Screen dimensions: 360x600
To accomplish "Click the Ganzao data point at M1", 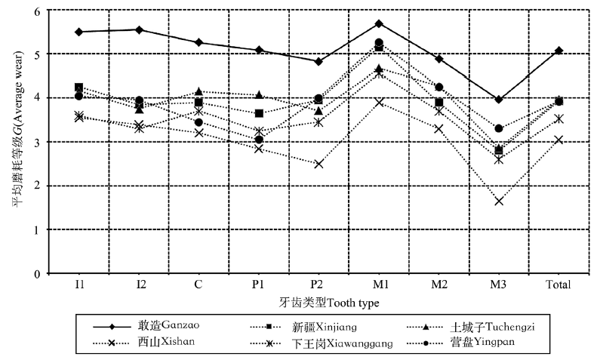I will (x=379, y=23).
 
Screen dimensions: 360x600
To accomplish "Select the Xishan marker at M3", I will (x=499, y=201).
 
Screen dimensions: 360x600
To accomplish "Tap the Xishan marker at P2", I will (x=318, y=164).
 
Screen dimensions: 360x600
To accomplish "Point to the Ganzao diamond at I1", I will (x=78, y=32).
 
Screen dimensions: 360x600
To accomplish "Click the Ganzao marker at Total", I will (x=558, y=51).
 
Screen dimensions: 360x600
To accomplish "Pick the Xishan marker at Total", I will (x=558, y=140).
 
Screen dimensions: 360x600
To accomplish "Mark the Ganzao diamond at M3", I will (x=499, y=100).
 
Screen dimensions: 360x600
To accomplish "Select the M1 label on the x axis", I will (x=379, y=285).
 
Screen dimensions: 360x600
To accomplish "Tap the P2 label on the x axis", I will (x=318, y=285).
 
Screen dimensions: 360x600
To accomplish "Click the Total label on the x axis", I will (x=558, y=285).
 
